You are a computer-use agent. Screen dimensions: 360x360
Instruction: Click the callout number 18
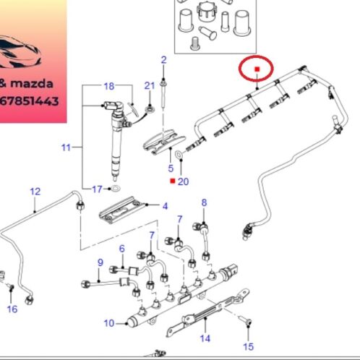click(109, 86)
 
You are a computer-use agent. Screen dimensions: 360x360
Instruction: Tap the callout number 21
click(150, 85)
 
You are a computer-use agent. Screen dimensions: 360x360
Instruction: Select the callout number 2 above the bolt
click(164, 60)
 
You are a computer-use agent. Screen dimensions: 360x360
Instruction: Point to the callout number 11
click(66, 147)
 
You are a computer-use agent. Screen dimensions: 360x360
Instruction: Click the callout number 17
click(98, 189)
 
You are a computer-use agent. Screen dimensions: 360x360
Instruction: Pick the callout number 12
click(35, 192)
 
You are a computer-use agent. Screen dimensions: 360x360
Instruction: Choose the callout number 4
click(165, 206)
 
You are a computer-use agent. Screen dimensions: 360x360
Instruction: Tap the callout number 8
click(204, 202)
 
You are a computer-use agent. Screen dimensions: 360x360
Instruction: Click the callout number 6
click(122, 249)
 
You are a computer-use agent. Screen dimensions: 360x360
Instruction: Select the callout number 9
click(100, 262)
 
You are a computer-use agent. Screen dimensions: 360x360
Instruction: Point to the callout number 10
click(109, 323)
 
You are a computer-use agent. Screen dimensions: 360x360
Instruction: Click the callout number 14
click(205, 338)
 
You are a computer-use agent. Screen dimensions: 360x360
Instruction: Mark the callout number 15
click(249, 347)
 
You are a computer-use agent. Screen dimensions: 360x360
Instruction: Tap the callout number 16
click(12, 309)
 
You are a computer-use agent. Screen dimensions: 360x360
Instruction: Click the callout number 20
click(184, 181)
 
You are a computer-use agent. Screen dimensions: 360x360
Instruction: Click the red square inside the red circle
click(257, 69)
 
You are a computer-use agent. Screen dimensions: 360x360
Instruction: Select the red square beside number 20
click(173, 181)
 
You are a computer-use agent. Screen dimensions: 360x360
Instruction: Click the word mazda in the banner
click(32, 84)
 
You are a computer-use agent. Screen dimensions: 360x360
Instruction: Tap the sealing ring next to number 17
click(116, 188)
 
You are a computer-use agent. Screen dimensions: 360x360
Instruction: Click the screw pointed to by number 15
click(245, 320)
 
